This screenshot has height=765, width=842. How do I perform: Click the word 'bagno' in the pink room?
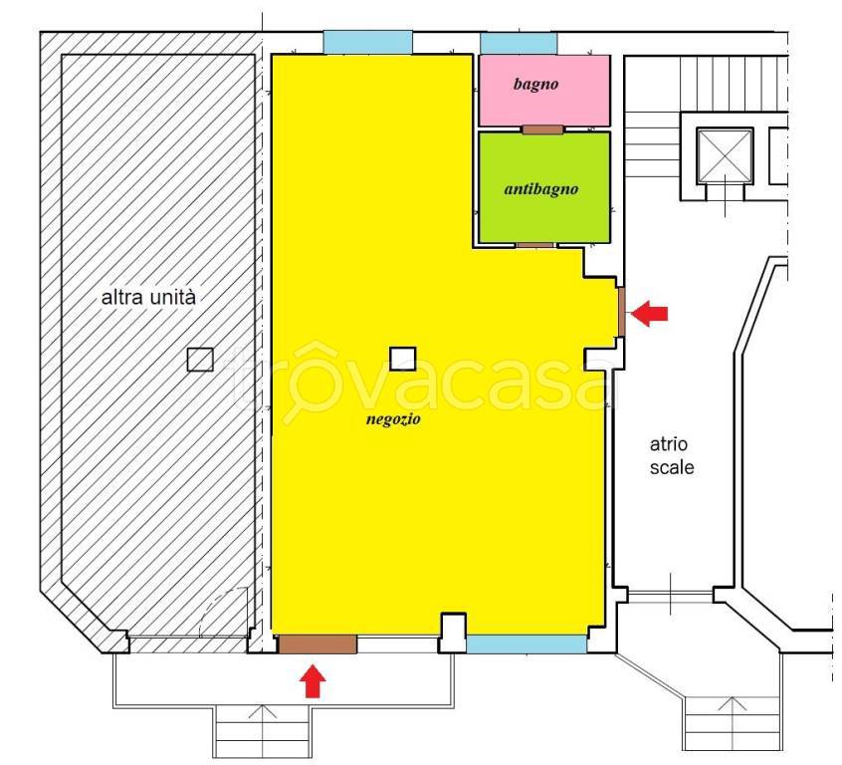point(535,84)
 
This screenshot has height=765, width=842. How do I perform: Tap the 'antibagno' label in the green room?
point(541,189)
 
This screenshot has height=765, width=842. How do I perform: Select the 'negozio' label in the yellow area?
point(393,419)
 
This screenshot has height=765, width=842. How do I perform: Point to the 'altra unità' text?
point(148,297)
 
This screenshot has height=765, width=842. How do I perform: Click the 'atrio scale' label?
point(671,456)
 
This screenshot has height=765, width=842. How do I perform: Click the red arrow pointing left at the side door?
point(649,313)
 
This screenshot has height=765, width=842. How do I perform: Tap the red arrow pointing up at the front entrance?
point(313,681)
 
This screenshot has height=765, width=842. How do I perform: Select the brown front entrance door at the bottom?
point(317,644)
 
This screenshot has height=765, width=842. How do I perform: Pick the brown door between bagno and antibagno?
point(542,129)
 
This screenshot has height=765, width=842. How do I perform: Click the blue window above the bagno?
point(519,44)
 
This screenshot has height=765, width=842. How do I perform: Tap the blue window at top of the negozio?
point(368,43)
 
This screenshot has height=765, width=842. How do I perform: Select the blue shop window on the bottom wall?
point(526,644)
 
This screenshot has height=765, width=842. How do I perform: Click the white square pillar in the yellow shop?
point(402,359)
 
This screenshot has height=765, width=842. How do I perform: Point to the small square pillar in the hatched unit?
point(200,360)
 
